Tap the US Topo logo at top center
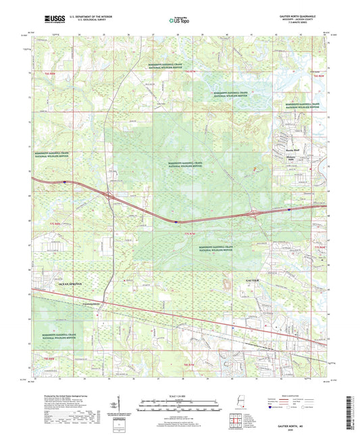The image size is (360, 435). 178,21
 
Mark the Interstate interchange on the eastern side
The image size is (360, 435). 256,214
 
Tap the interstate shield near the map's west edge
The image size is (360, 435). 64,181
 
